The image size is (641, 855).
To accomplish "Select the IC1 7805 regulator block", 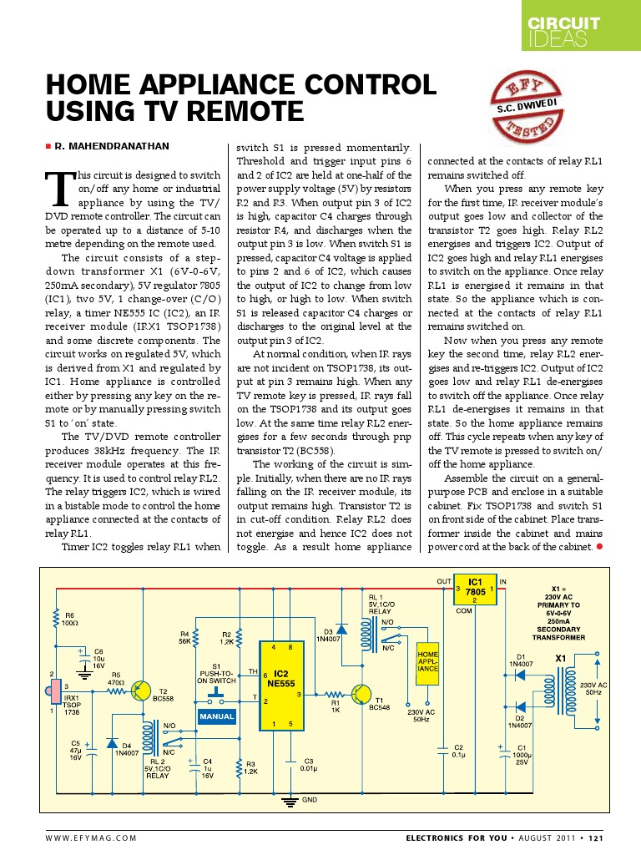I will (474, 588).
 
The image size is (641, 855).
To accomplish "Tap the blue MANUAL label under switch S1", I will (217, 716).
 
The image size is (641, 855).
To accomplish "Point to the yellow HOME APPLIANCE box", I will (427, 663).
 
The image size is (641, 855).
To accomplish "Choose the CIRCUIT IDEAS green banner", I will (582, 31).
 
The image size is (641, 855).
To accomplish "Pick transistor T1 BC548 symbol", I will (361, 694).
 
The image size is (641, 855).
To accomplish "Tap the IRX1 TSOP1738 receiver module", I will (53, 693).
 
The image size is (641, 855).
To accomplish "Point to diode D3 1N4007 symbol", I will (341, 631).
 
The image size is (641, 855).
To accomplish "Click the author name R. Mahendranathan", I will (111, 146).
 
